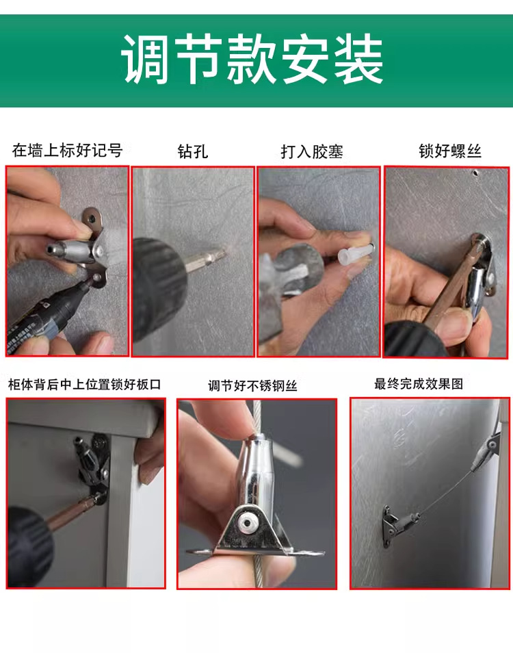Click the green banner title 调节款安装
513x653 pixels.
[252, 59]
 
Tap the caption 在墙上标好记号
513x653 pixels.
[68, 151]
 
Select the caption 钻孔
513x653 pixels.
[193, 151]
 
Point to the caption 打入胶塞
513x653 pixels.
[312, 151]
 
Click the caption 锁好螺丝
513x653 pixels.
[450, 151]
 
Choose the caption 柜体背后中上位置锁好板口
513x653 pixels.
[84, 384]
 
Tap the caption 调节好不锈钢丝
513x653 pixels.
[252, 385]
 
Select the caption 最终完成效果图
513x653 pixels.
[419, 383]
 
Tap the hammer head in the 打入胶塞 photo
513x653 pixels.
[291, 270]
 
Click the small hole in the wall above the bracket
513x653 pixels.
[475, 172]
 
